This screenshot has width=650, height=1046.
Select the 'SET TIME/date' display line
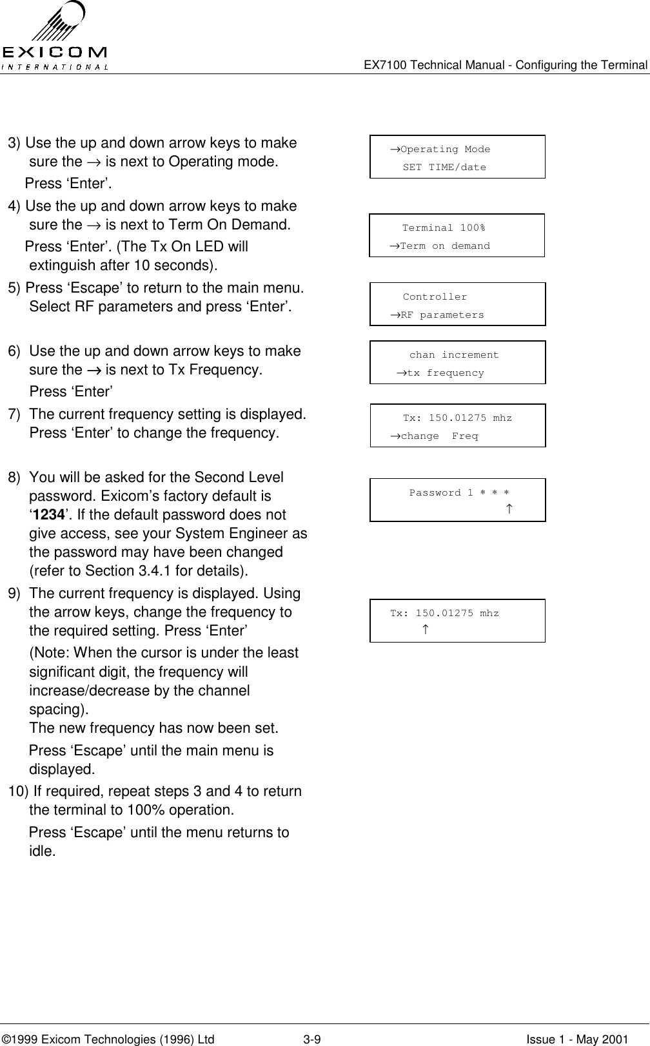tap(444, 168)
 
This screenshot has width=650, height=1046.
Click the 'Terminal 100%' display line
tap(444, 228)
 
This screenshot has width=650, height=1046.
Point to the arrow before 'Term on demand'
tap(394, 246)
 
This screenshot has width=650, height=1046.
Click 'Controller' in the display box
tap(435, 297)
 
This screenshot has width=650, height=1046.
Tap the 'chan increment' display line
tap(454, 355)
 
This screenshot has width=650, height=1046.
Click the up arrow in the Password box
tap(509, 510)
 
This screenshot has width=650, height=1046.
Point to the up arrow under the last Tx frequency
tap(424, 629)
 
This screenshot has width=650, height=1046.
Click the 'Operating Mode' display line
tap(445, 150)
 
